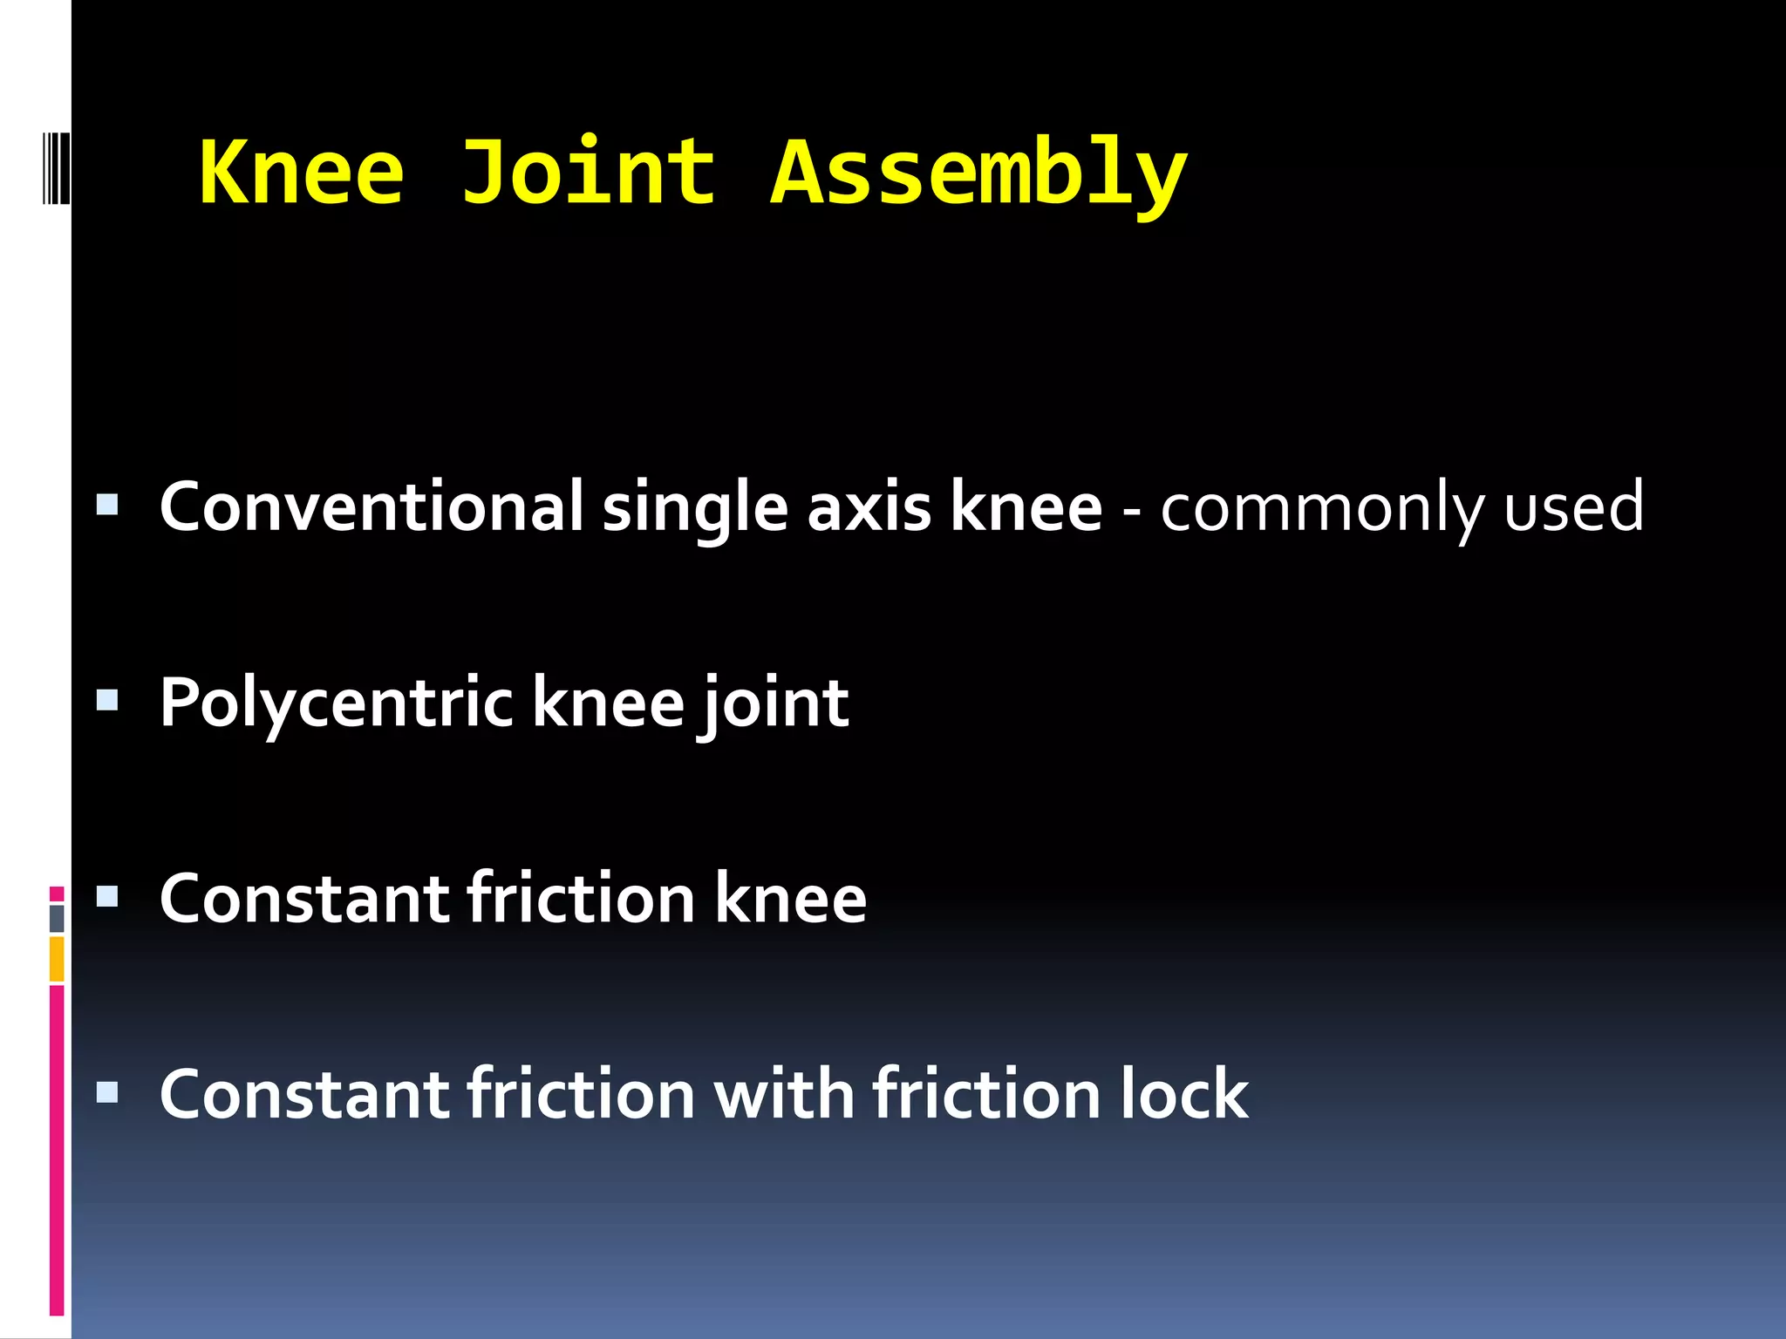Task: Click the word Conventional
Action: [x=372, y=507]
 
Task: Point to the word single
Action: [x=695, y=510]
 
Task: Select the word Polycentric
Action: [x=337, y=704]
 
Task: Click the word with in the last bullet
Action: [x=784, y=1094]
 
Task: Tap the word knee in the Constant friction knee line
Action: [x=790, y=899]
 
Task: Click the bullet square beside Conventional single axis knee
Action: [x=107, y=505]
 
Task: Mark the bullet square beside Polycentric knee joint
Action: [x=107, y=701]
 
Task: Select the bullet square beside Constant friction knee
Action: [x=107, y=896]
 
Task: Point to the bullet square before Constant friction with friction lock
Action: [x=107, y=1092]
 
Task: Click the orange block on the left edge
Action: [x=57, y=959]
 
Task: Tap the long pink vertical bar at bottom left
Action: [x=57, y=1151]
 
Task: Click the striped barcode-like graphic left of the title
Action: [x=56, y=167]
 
